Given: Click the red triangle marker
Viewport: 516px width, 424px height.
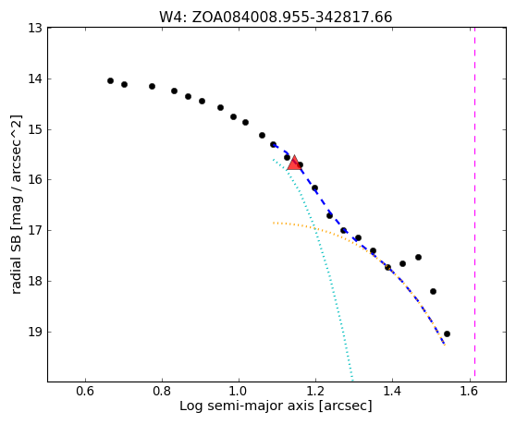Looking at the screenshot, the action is [294, 163].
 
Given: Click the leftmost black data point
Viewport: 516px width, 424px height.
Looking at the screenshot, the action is [111, 81].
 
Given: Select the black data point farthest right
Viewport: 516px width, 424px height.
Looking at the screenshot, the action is [447, 334].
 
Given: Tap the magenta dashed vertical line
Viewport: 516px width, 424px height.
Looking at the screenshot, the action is [474, 202].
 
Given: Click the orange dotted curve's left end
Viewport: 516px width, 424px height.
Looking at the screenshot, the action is [273, 223].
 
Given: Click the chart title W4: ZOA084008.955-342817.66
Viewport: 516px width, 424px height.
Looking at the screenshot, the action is [276, 18].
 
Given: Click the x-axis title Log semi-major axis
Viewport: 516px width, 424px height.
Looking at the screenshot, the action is [247, 406].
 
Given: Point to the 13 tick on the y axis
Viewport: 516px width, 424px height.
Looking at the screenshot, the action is [35, 29].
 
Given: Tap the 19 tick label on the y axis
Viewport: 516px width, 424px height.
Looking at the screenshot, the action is [35, 332].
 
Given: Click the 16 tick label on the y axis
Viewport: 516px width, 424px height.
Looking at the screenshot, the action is [35, 180].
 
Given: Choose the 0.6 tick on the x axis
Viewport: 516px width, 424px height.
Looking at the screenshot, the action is [85, 391].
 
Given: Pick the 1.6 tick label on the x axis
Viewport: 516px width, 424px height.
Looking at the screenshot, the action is [470, 391].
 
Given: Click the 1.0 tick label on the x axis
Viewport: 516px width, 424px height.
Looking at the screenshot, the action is [239, 391].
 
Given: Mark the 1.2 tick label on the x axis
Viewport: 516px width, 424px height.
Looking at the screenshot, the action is [315, 391].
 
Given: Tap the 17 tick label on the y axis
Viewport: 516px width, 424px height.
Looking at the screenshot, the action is [35, 230].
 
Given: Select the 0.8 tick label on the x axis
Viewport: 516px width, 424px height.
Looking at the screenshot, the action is [162, 391].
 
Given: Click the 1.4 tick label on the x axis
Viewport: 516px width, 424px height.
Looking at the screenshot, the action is [393, 391].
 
